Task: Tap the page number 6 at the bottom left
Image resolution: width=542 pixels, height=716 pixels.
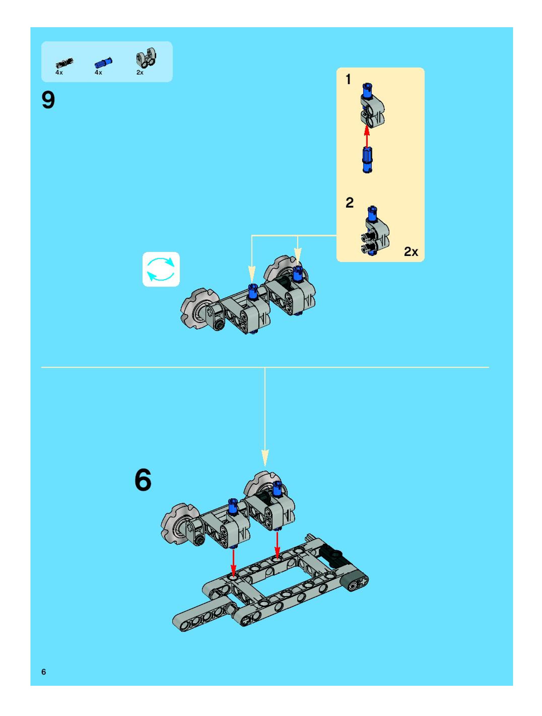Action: (44, 672)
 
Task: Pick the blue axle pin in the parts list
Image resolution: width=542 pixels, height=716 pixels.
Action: (103, 62)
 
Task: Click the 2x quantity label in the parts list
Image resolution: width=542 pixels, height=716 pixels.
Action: (140, 73)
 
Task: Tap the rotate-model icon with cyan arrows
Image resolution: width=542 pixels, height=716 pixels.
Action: (161, 269)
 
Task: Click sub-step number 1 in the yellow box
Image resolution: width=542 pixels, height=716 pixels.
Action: (348, 79)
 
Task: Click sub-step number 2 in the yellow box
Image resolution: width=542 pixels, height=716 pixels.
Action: (350, 203)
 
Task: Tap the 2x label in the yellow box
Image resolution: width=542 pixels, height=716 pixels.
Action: (411, 251)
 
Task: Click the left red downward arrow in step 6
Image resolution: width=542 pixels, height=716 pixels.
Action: (233, 562)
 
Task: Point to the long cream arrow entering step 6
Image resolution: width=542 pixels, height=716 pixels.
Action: (265, 421)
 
